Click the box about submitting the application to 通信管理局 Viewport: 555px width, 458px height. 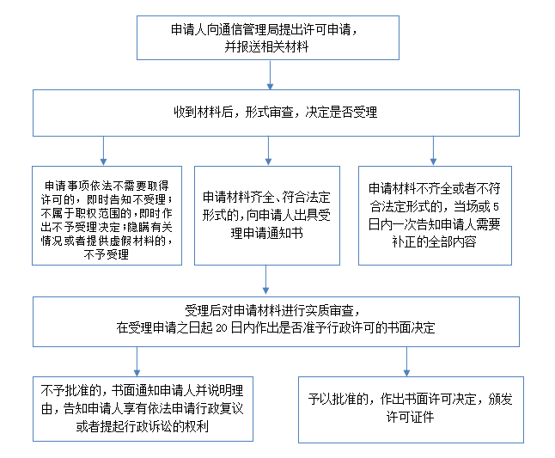pyautogui.click(x=268, y=38)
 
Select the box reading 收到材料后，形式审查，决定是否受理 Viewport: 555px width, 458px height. pyautogui.click(x=276, y=113)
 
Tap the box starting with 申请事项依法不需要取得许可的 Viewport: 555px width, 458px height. pyautogui.click(x=107, y=216)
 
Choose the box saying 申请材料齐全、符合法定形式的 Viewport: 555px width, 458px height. pyautogui.click(x=267, y=216)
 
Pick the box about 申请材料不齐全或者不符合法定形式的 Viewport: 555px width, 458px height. pyautogui.click(x=435, y=216)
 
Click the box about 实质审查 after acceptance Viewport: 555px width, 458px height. pyautogui.click(x=276, y=321)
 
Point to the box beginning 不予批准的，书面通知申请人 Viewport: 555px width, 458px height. pyautogui.click(x=143, y=409)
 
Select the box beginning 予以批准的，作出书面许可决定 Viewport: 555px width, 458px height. pyautogui.click(x=411, y=410)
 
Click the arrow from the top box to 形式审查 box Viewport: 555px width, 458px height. pyautogui.click(x=270, y=75)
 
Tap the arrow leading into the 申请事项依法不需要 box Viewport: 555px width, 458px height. pyautogui.click(x=103, y=150)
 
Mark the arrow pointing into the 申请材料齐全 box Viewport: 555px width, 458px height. pyautogui.click(x=268, y=150)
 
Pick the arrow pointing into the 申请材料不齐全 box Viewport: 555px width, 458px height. pyautogui.click(x=433, y=150)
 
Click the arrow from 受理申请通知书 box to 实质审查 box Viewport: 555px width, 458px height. pyautogui.click(x=265, y=280)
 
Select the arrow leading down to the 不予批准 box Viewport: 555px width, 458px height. pyautogui.click(x=137, y=362)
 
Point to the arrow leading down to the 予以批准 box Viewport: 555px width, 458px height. pyautogui.click(x=406, y=362)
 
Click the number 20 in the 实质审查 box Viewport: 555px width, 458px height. pyautogui.click(x=221, y=328)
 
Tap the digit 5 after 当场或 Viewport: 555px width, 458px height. pyautogui.click(x=496, y=207)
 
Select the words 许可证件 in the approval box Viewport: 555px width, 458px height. pyautogui.click(x=410, y=417)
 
